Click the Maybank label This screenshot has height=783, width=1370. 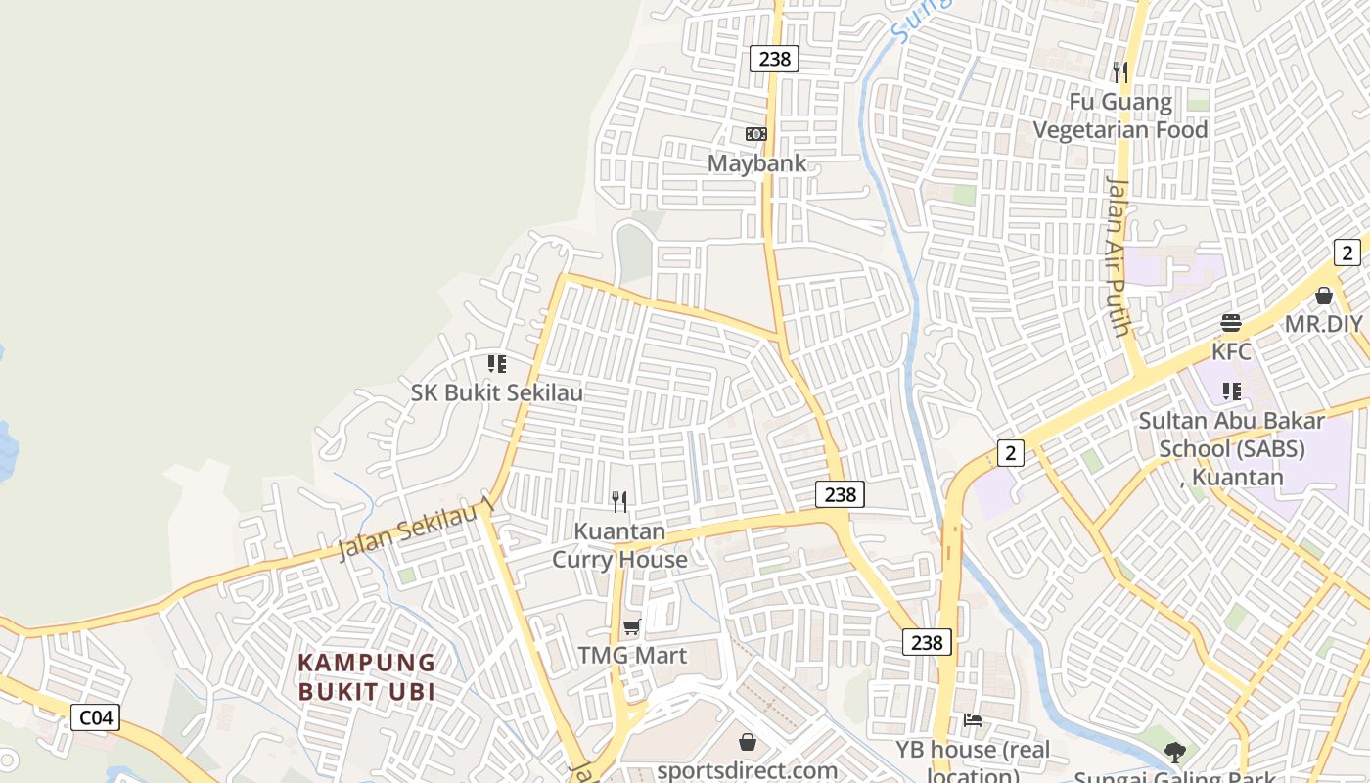click(x=757, y=162)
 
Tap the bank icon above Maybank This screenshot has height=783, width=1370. click(x=756, y=134)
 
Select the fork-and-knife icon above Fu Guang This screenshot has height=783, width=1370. click(x=1120, y=71)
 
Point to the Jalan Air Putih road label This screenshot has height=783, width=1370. click(x=1119, y=254)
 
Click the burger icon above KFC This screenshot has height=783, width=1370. click(x=1231, y=323)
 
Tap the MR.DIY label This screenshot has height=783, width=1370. click(x=1323, y=324)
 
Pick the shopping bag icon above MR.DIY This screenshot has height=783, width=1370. click(x=1324, y=296)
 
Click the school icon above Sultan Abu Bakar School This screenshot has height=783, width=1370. click(x=1231, y=391)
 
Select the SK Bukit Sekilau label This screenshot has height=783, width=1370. click(x=496, y=392)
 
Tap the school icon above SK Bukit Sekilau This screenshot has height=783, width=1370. click(x=497, y=364)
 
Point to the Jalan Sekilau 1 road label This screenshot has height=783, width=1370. click(x=414, y=531)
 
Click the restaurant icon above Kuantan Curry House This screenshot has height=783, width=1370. click(x=619, y=502)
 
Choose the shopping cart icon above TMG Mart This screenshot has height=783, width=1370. click(x=632, y=626)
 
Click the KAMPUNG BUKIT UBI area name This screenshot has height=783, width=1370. click(x=366, y=676)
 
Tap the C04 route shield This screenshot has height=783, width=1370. click(x=96, y=717)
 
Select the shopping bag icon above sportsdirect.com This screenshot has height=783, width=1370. click(x=748, y=742)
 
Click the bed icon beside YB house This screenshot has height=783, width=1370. click(x=972, y=720)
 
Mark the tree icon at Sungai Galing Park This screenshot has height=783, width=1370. click(x=1174, y=753)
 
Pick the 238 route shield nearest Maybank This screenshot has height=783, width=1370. click(x=774, y=59)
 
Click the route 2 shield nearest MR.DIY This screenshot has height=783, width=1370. click(x=1347, y=253)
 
